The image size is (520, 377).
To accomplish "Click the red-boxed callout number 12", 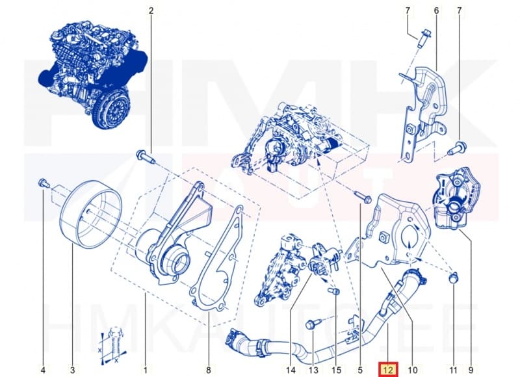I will (389, 370).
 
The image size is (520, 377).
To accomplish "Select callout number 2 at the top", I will (151, 11).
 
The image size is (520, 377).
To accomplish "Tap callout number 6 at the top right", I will (435, 11).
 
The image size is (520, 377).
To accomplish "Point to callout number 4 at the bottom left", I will (43, 370).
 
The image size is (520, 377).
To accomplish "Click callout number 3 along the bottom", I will (72, 370).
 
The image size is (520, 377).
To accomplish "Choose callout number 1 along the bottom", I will (145, 370).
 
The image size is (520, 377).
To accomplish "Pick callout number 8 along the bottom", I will (208, 370).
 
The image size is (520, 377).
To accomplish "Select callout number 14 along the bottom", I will (290, 370).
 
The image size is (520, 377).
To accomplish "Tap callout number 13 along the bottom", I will (313, 370).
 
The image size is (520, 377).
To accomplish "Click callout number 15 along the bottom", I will (337, 370).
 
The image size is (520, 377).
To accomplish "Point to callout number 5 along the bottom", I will (360, 370).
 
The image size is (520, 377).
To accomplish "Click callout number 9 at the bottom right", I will (470, 370).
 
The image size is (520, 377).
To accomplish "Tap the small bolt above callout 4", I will (44, 182).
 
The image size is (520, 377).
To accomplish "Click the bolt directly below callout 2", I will (144, 156).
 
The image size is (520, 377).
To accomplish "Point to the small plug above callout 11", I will (454, 279).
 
